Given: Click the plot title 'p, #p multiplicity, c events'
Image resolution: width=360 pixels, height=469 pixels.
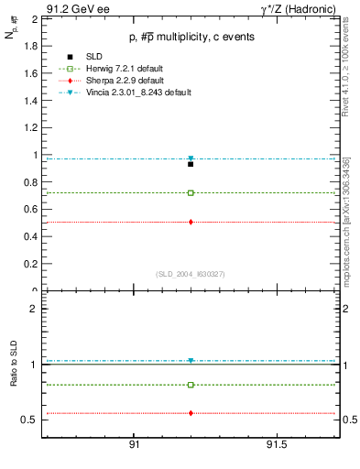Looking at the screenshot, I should tap(191, 37).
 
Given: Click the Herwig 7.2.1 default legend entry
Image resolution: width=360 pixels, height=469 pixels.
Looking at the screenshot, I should tap(118, 69).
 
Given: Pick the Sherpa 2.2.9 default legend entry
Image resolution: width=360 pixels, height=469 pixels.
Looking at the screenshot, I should tap(117, 81).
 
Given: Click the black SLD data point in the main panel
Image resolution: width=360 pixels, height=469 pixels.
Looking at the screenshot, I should tap(191, 164).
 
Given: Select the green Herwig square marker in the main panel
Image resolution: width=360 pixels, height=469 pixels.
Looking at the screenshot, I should tap(191, 193).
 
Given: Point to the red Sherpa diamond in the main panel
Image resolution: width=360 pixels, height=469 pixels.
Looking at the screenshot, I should tap(191, 222).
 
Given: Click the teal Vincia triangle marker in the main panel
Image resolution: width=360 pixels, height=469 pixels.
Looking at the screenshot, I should tap(191, 158).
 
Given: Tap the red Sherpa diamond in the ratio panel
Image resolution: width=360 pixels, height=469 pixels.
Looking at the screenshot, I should tap(191, 413).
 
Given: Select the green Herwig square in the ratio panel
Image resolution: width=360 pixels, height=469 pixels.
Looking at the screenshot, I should tap(191, 385).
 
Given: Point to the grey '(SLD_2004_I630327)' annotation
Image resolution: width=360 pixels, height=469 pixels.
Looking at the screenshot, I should tap(191, 273).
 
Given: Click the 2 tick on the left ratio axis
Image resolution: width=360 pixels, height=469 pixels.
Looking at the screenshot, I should tap(33, 309).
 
